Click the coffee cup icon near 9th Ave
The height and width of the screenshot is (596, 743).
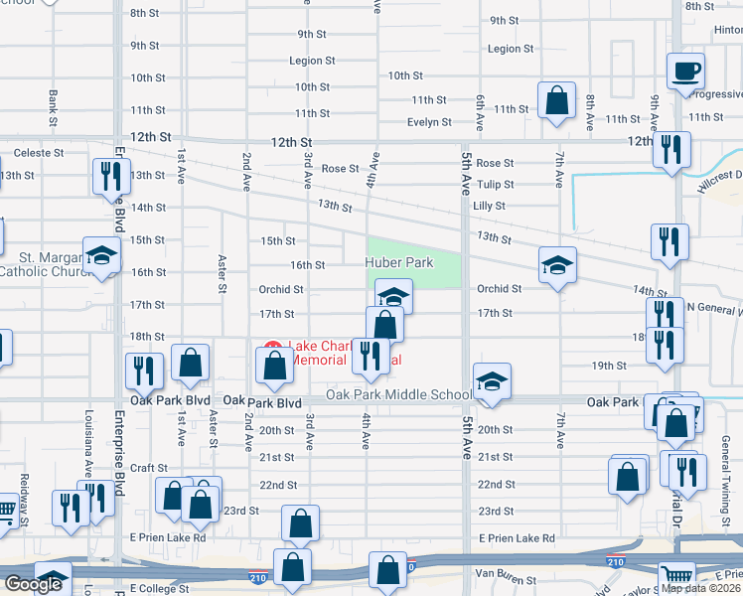pyautogui.click(x=686, y=73)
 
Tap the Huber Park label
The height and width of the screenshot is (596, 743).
pyautogui.click(x=400, y=262)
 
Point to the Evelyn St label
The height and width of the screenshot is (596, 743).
pyautogui.click(x=429, y=122)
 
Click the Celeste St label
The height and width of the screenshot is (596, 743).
pyautogui.click(x=38, y=153)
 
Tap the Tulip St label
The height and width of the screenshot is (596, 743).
pyautogui.click(x=495, y=184)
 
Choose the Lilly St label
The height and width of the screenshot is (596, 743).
pyautogui.click(x=490, y=206)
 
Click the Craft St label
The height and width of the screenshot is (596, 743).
pyautogui.click(x=148, y=468)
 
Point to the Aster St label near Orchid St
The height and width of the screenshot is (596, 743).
pyautogui.click(x=222, y=275)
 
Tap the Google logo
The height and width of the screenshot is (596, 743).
pyautogui.click(x=33, y=584)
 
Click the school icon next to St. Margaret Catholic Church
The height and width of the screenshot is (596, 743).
pyautogui.click(x=101, y=257)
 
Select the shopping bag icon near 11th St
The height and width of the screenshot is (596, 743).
pyautogui.click(x=556, y=100)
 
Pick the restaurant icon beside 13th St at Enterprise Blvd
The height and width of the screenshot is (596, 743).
pyautogui.click(x=109, y=177)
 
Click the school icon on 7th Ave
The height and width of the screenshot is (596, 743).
pyautogui.click(x=557, y=264)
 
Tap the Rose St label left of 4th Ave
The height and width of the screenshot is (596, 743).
pyautogui.click(x=340, y=169)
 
